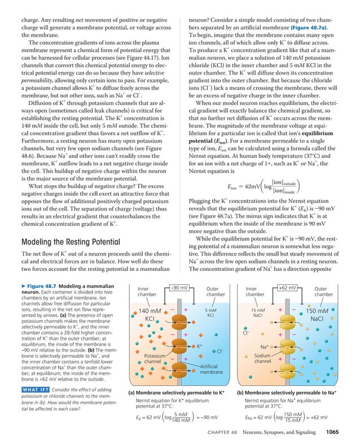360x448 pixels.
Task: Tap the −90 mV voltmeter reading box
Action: coord(179,288)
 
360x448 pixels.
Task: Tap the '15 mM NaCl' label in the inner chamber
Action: coord(257,313)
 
